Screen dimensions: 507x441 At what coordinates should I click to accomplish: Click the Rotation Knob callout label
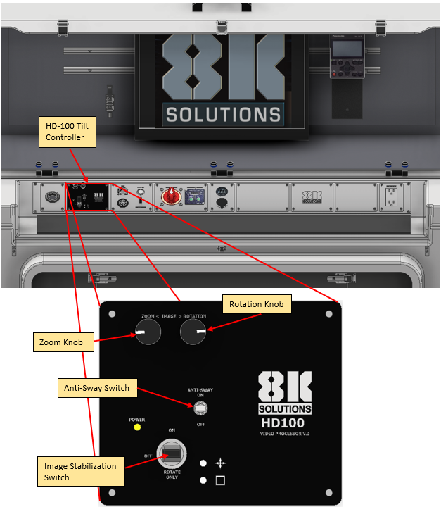[x=256, y=305]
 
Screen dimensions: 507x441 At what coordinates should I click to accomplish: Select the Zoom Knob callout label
[x=63, y=343]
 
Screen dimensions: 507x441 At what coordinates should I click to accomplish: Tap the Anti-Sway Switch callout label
[x=97, y=387]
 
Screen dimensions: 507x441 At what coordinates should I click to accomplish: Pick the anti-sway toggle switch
[x=201, y=408]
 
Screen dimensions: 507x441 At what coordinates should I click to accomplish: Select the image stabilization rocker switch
[x=171, y=451]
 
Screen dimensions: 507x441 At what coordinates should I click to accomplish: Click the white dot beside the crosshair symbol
[x=203, y=463]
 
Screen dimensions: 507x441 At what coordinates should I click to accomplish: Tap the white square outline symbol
[x=220, y=481]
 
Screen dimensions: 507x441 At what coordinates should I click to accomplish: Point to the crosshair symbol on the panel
[x=220, y=463]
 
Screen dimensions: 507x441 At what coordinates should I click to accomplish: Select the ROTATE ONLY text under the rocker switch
[x=172, y=475]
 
